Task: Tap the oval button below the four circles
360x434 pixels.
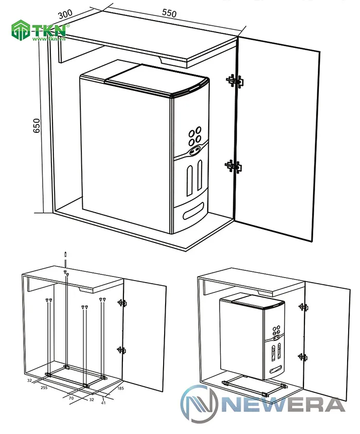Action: pos(195,151)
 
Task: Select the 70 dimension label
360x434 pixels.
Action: pos(70,397)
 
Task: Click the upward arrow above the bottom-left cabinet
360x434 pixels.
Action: pos(66,255)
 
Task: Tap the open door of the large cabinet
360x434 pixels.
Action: pos(278,139)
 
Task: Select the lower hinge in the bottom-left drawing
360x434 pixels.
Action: pos(122,350)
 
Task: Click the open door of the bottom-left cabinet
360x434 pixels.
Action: pos(145,335)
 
